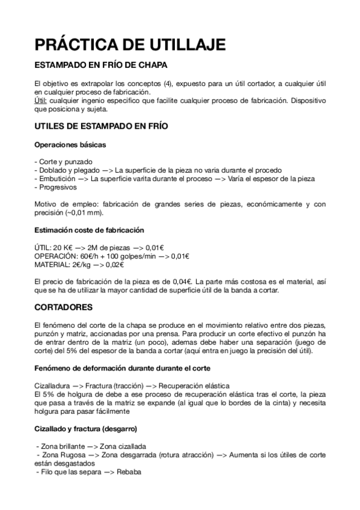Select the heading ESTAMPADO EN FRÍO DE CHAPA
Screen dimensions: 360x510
pyautogui.click(x=101, y=64)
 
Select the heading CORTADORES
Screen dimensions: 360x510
pyautogui.click(x=63, y=307)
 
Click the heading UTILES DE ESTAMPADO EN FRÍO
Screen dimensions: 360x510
pyautogui.click(x=102, y=127)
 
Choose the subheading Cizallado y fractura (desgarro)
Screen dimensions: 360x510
pyautogui.click(x=85, y=429)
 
